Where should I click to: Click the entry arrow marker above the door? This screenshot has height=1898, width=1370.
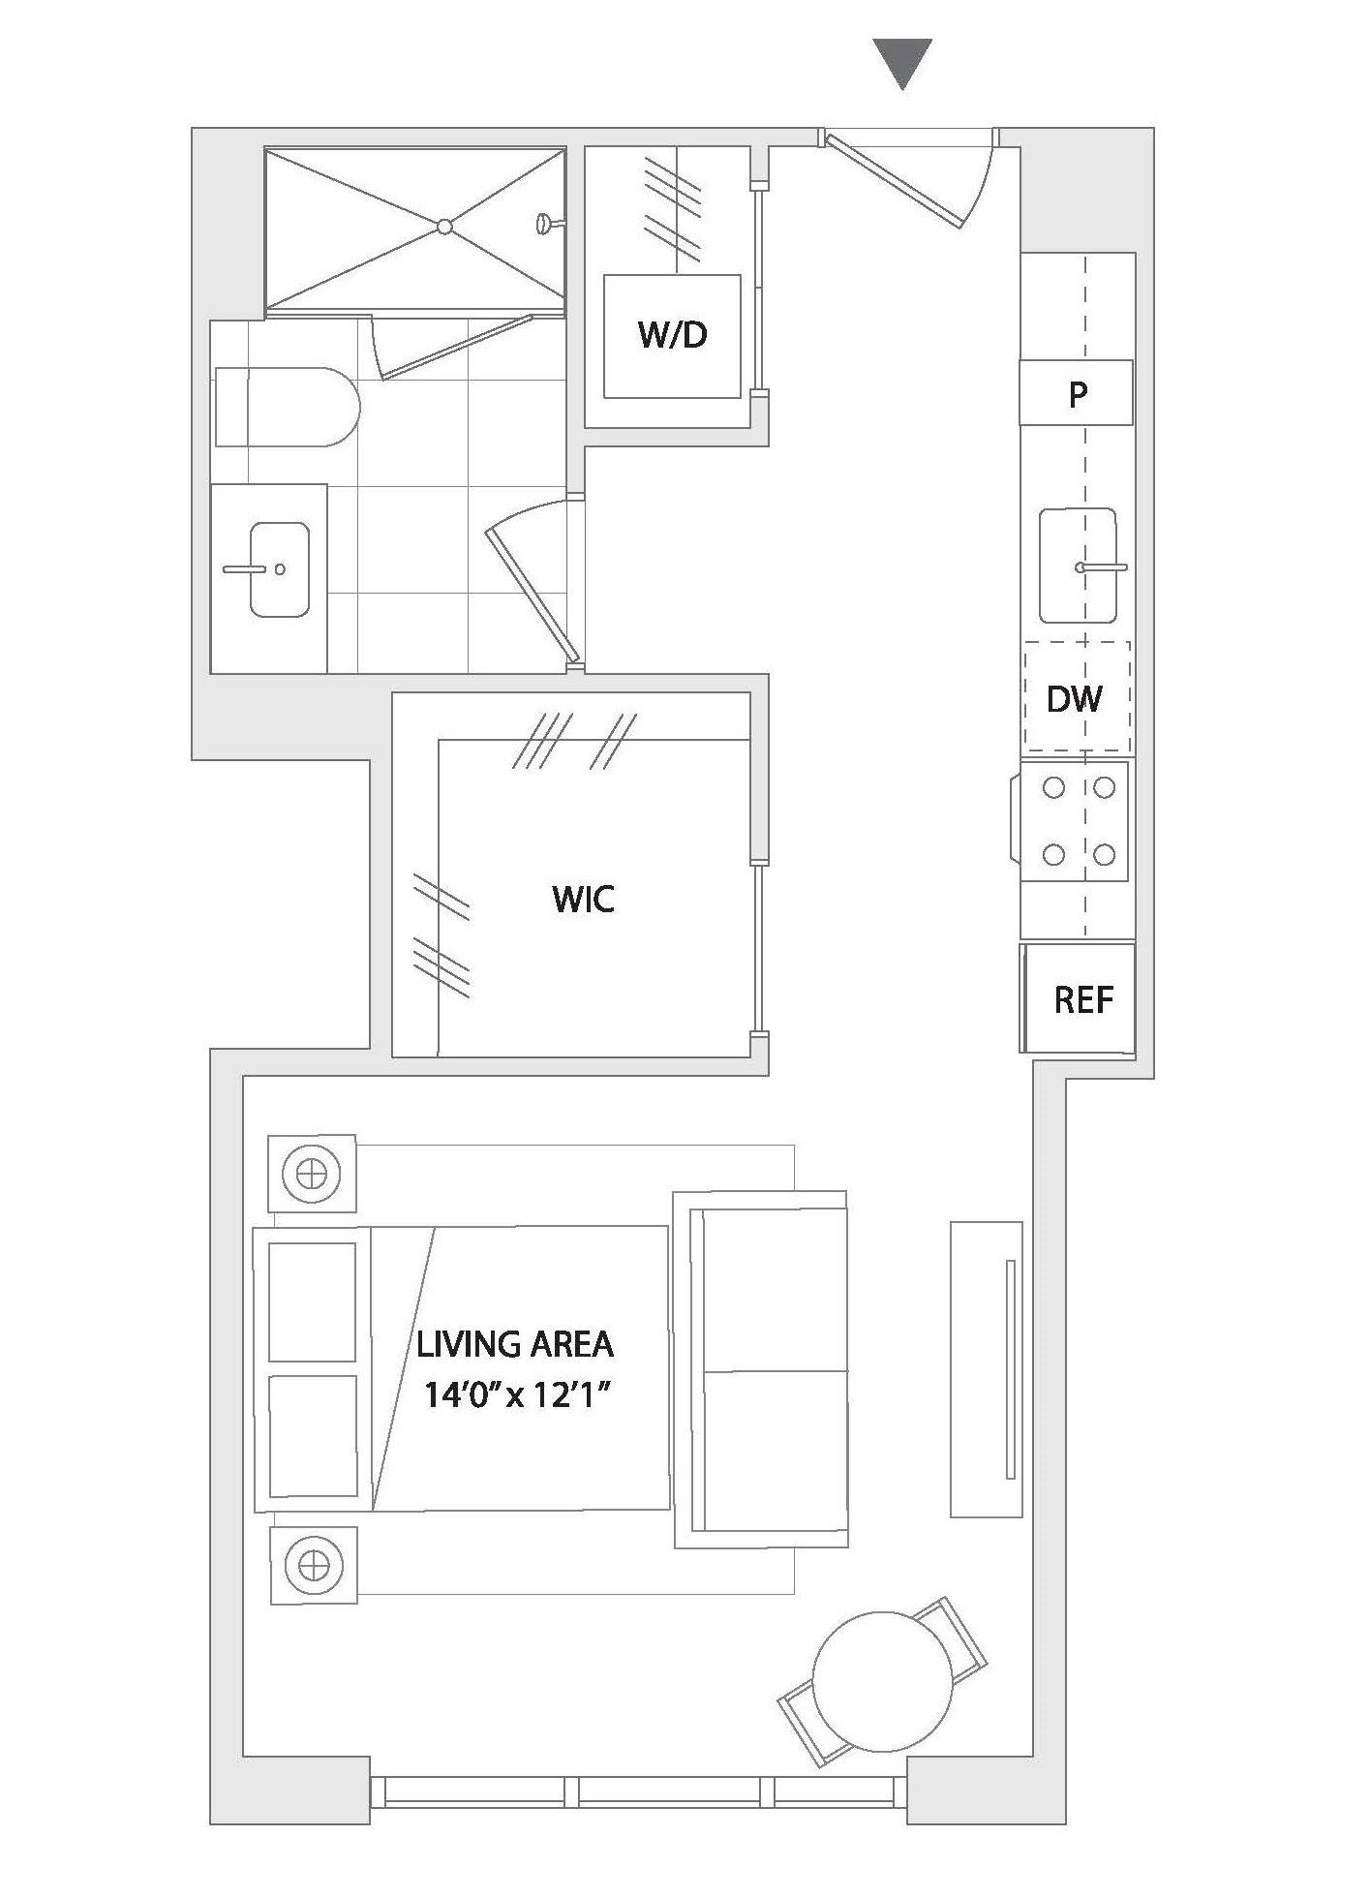pyautogui.click(x=902, y=60)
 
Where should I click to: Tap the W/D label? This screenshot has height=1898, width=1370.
pyautogui.click(x=673, y=335)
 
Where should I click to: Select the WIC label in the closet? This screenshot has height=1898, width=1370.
pyautogui.click(x=584, y=900)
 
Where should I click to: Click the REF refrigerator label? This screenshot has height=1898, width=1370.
pyautogui.click(x=1083, y=999)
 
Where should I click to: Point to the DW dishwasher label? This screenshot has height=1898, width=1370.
pyautogui.click(x=1074, y=698)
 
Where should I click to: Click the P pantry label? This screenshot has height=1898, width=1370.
pyautogui.click(x=1078, y=394)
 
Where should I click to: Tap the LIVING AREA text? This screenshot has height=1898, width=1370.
pyautogui.click(x=515, y=1344)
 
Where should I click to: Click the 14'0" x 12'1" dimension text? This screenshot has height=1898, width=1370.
pyautogui.click(x=520, y=1396)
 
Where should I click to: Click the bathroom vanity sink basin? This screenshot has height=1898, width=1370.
pyautogui.click(x=280, y=569)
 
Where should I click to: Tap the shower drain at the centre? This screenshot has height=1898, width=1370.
pyautogui.click(x=444, y=227)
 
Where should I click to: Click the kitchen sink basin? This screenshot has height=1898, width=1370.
pyautogui.click(x=1078, y=566)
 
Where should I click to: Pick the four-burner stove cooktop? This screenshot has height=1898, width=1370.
pyautogui.click(x=1075, y=821)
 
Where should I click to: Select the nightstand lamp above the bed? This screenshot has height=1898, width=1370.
pyautogui.click(x=312, y=1174)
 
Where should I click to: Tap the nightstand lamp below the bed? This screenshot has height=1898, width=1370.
pyautogui.click(x=313, y=1565)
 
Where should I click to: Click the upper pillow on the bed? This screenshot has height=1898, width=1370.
pyautogui.click(x=312, y=1302)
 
